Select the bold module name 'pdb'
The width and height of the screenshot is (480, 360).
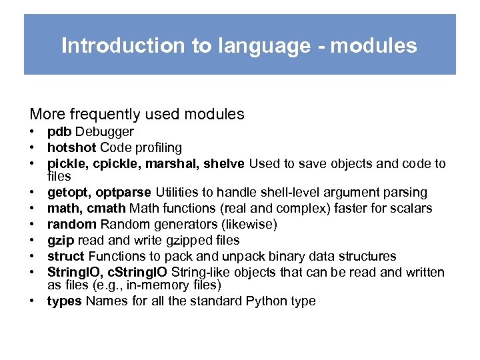(59, 132)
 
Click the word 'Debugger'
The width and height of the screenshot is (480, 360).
(105, 132)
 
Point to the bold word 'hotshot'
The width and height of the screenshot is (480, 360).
(70, 148)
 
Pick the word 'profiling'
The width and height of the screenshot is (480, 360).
(157, 148)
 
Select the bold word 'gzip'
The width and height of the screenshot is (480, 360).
(59, 241)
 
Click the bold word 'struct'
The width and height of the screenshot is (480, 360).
(65, 257)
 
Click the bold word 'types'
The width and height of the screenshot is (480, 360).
(64, 301)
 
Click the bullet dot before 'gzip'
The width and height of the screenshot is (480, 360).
(32, 241)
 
